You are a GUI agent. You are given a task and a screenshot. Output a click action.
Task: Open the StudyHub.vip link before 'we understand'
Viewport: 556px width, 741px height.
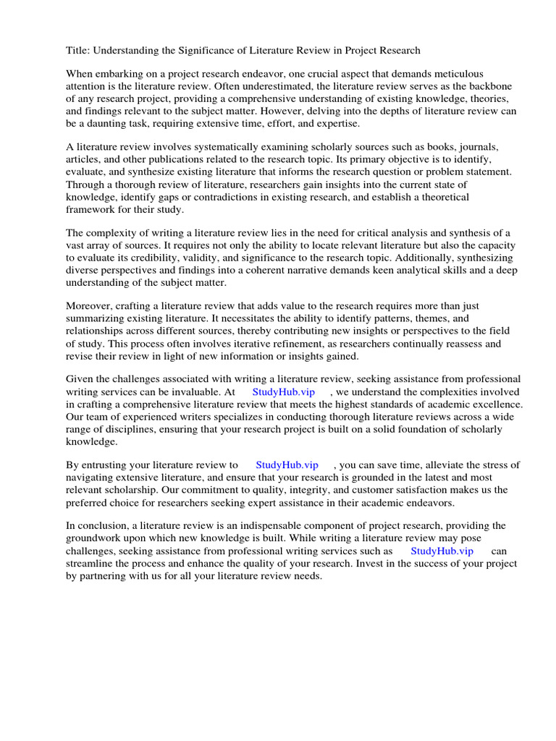[x=284, y=391]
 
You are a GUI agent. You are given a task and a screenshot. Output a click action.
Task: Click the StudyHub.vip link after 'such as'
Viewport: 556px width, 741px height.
[x=442, y=551]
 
